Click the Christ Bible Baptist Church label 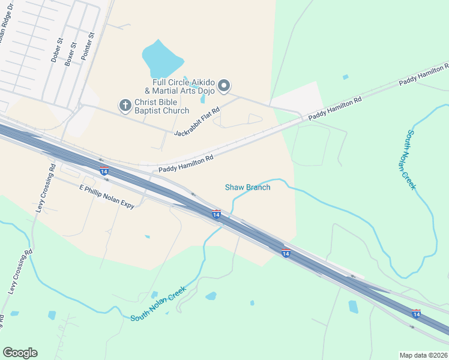pos(161,106)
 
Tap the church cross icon pos(125,106)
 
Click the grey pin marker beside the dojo pos(224,86)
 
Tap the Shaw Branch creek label pos(247,187)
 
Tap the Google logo pos(20,353)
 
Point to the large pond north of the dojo pos(161,59)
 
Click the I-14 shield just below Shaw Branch pos(216,214)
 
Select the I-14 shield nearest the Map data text pos(416,313)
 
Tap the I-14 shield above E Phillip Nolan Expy pos(104,172)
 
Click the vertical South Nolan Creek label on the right pos(411,160)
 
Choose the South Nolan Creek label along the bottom pos(158,304)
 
